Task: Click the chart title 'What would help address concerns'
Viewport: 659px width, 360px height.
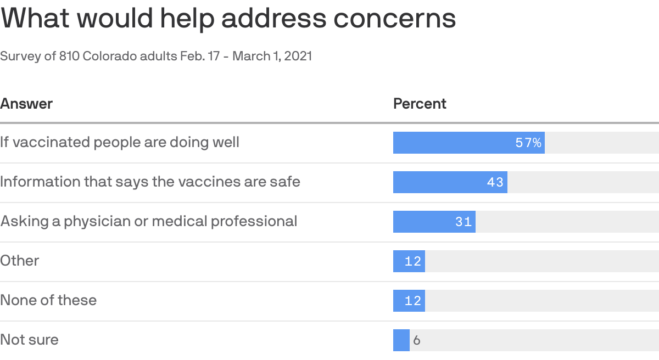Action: (x=228, y=19)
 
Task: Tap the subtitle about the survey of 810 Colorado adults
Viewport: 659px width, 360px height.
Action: (x=156, y=56)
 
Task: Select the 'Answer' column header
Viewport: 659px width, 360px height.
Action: (x=26, y=104)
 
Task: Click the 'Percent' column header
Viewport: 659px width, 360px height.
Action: (x=420, y=104)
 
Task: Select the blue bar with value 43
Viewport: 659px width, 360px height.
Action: (x=439, y=182)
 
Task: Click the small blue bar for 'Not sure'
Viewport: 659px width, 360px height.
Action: (x=401, y=340)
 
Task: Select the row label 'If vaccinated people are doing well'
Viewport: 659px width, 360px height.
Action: (x=120, y=143)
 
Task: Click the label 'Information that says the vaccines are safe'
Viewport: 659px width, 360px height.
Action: (x=150, y=182)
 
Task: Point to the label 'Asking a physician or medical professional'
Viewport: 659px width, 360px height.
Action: (x=148, y=222)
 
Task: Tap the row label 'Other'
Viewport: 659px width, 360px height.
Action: (x=20, y=261)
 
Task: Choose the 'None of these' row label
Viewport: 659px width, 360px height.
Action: (x=48, y=301)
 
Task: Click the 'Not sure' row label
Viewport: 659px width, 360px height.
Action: (x=29, y=340)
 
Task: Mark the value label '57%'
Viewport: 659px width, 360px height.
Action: (x=528, y=143)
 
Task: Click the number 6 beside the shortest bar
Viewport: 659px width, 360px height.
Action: (x=416, y=341)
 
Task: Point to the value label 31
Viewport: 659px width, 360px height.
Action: (x=463, y=222)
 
